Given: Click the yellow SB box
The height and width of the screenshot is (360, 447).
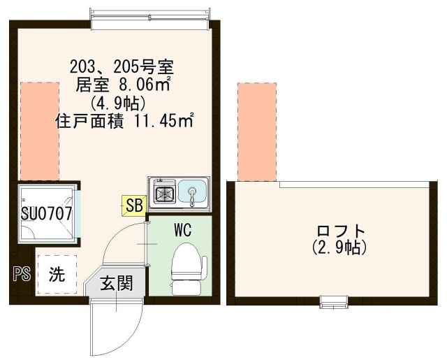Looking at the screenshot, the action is [x=134, y=206].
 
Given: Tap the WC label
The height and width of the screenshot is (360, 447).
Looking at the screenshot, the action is [x=183, y=230].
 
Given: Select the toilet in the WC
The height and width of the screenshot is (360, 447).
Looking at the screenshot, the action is [x=189, y=269].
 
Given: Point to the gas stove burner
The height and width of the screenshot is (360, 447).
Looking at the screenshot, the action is [x=165, y=194].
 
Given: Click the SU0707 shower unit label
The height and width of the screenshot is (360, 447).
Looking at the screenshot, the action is [x=47, y=213].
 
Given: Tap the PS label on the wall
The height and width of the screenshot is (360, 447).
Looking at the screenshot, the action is [x=22, y=274].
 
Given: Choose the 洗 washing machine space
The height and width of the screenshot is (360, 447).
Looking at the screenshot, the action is [x=57, y=275].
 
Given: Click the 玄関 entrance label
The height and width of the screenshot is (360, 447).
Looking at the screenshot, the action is [x=117, y=283].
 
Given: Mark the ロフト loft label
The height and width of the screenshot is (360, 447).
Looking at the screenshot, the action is [x=341, y=231].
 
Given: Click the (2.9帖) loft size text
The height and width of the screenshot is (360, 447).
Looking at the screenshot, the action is [x=339, y=247].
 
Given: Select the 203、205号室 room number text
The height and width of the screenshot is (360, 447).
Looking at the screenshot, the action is [x=122, y=68].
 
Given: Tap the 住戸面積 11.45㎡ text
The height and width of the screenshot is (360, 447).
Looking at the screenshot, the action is [x=124, y=121].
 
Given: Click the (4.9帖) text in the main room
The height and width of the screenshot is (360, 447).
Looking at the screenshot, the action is [x=118, y=103].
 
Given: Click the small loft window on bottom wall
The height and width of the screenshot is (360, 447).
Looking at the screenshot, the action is [x=334, y=302].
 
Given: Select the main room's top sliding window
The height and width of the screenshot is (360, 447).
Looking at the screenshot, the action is [x=151, y=20].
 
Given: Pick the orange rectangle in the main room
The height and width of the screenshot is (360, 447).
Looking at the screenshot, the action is [x=40, y=131].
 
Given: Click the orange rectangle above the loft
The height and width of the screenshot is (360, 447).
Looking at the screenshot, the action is [x=257, y=131].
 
